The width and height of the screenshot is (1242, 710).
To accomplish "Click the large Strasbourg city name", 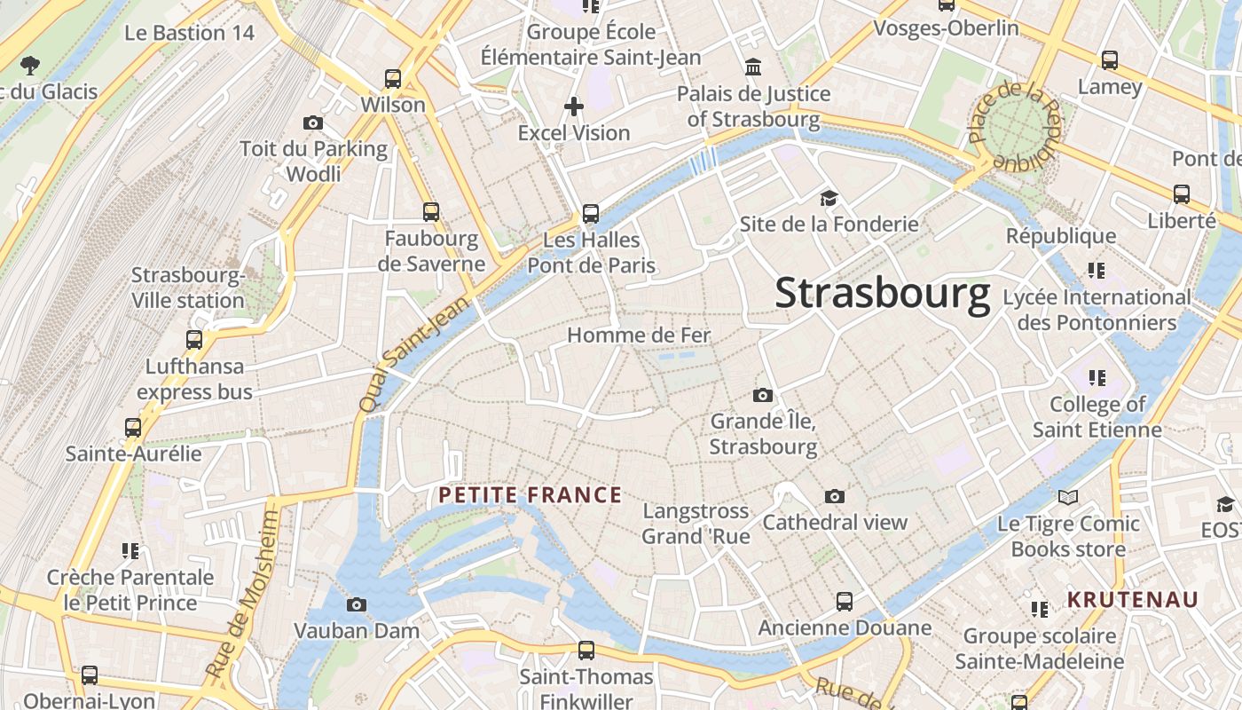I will pyautogui.click(x=882, y=294).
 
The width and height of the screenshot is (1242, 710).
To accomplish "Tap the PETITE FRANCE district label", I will pyautogui.click(x=531, y=495).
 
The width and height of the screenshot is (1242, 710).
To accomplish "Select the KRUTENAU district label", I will pyautogui.click(x=1132, y=600).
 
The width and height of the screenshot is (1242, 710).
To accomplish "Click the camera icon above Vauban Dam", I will pyautogui.click(x=356, y=605).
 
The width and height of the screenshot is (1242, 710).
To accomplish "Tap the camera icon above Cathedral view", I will pyautogui.click(x=834, y=497).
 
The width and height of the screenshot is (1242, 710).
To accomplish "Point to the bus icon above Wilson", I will pyautogui.click(x=392, y=79).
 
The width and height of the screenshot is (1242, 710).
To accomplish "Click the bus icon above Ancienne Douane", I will pyautogui.click(x=845, y=602).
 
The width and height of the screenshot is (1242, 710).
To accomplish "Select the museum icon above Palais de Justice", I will pyautogui.click(x=753, y=67).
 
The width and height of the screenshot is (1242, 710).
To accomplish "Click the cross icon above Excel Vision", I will pyautogui.click(x=574, y=107).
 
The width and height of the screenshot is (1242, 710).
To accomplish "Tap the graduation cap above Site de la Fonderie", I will pyautogui.click(x=829, y=198).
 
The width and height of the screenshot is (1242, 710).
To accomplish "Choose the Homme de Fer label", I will pyautogui.click(x=639, y=335).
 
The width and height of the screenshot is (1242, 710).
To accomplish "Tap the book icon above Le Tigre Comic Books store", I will pyautogui.click(x=1068, y=498).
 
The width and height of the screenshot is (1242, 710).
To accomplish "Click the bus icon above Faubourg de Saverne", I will pyautogui.click(x=431, y=212).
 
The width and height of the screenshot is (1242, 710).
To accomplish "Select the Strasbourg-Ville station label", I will pyautogui.click(x=188, y=288).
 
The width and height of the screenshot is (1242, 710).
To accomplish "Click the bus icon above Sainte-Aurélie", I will pyautogui.click(x=133, y=428).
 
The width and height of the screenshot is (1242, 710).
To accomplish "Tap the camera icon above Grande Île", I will pyautogui.click(x=762, y=395).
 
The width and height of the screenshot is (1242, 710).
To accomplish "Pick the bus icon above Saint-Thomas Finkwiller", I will pyautogui.click(x=586, y=651).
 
